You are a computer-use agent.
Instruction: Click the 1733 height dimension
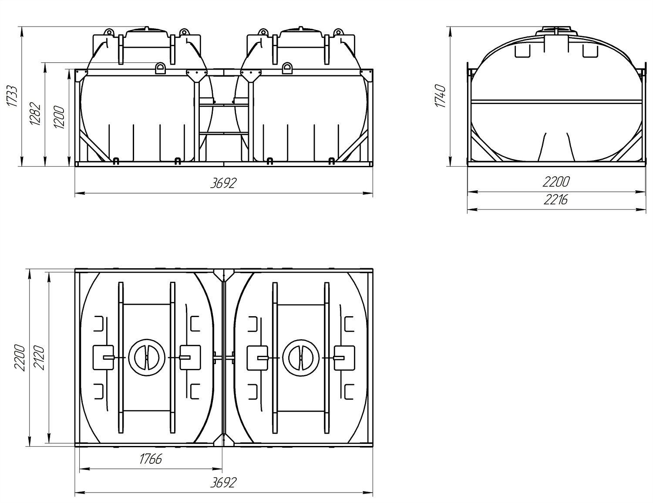[12, 96]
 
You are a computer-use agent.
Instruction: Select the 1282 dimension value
[35, 114]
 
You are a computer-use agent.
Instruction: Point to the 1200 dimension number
[59, 117]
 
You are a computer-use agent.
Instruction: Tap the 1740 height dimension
[440, 96]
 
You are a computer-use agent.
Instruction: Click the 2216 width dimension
[555, 200]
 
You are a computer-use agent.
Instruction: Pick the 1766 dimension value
[151, 459]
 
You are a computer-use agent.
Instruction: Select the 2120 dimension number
[39, 358]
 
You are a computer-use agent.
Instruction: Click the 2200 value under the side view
[556, 182]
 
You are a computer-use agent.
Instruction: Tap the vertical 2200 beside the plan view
[20, 358]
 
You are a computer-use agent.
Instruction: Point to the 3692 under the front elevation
[223, 183]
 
